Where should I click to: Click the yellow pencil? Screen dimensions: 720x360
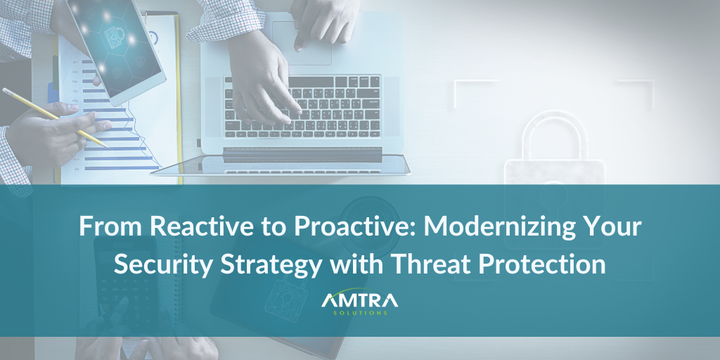(55, 117)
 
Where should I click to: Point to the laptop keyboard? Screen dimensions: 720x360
(302, 107)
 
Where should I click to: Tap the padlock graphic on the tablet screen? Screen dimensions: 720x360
(113, 35)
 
